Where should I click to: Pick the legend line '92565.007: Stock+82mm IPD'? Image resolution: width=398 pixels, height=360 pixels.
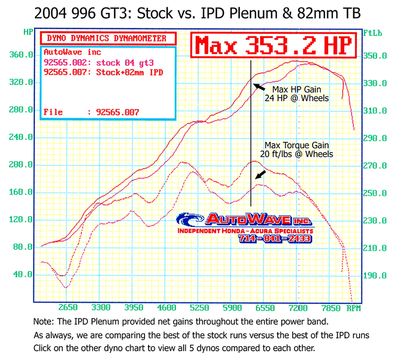[103, 71]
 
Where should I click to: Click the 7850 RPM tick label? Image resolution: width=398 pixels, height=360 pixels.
[331, 309]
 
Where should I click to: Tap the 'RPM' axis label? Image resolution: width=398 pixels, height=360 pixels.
[354, 309]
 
